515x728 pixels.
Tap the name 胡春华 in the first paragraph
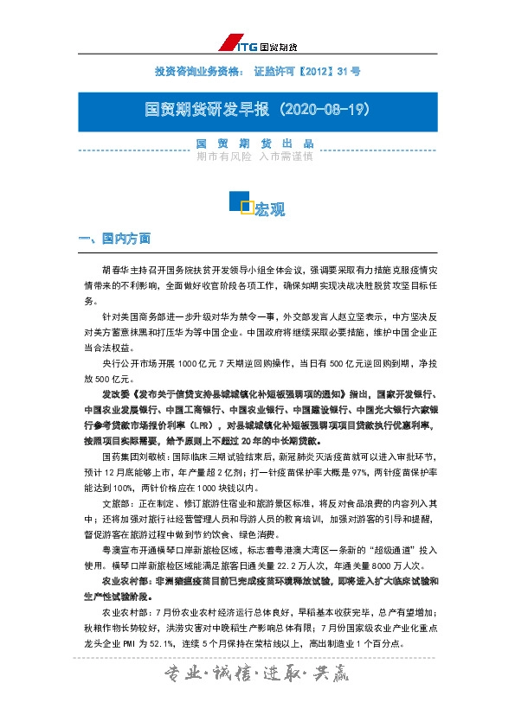coord(115,268)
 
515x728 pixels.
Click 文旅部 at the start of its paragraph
coord(115,501)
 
